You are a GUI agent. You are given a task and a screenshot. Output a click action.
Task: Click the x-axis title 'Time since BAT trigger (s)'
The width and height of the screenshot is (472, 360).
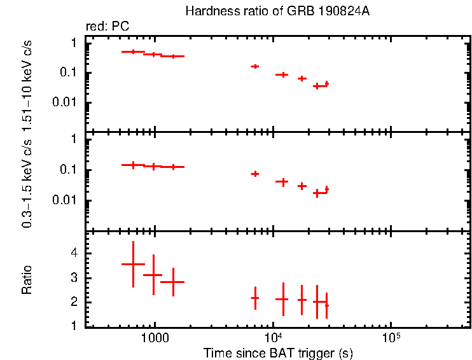coord(278,352)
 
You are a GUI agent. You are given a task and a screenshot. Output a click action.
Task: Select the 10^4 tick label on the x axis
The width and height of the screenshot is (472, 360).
coord(272,338)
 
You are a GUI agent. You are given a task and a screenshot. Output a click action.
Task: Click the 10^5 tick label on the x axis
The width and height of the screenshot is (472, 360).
coord(391,338)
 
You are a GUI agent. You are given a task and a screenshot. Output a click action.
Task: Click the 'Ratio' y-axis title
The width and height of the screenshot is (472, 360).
coord(27,279)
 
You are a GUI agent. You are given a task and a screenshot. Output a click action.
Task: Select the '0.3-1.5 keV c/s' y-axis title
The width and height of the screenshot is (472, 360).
coord(27,185)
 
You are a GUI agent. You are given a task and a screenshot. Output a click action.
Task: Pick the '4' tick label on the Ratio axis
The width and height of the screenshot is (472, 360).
coord(74,253)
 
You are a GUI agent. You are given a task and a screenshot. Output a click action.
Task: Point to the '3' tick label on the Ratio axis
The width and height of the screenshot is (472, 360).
coord(74,278)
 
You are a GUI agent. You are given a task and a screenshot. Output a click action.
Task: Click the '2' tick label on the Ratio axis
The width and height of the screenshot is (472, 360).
coord(74,302)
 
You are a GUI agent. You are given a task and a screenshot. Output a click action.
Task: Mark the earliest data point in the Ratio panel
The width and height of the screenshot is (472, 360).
coord(133,264)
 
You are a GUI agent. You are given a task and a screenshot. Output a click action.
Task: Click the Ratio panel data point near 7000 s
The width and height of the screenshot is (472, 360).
coord(255,298)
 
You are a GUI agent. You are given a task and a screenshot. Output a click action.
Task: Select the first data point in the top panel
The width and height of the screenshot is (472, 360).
coord(133,52)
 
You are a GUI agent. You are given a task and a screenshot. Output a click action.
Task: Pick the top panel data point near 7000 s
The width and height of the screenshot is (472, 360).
coord(255,66)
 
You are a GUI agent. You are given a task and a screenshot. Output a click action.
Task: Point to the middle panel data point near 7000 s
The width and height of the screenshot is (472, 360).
coord(255,174)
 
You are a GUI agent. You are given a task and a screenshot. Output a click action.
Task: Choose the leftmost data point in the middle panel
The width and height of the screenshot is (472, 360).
coord(133,165)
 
